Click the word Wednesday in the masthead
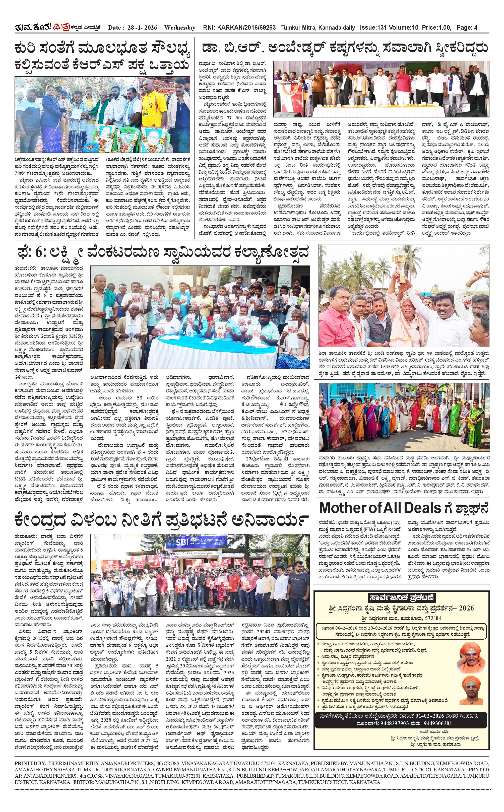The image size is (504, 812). click(x=180, y=28)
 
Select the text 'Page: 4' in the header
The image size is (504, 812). click(x=467, y=28)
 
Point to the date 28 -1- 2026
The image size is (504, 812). click(x=142, y=28)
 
